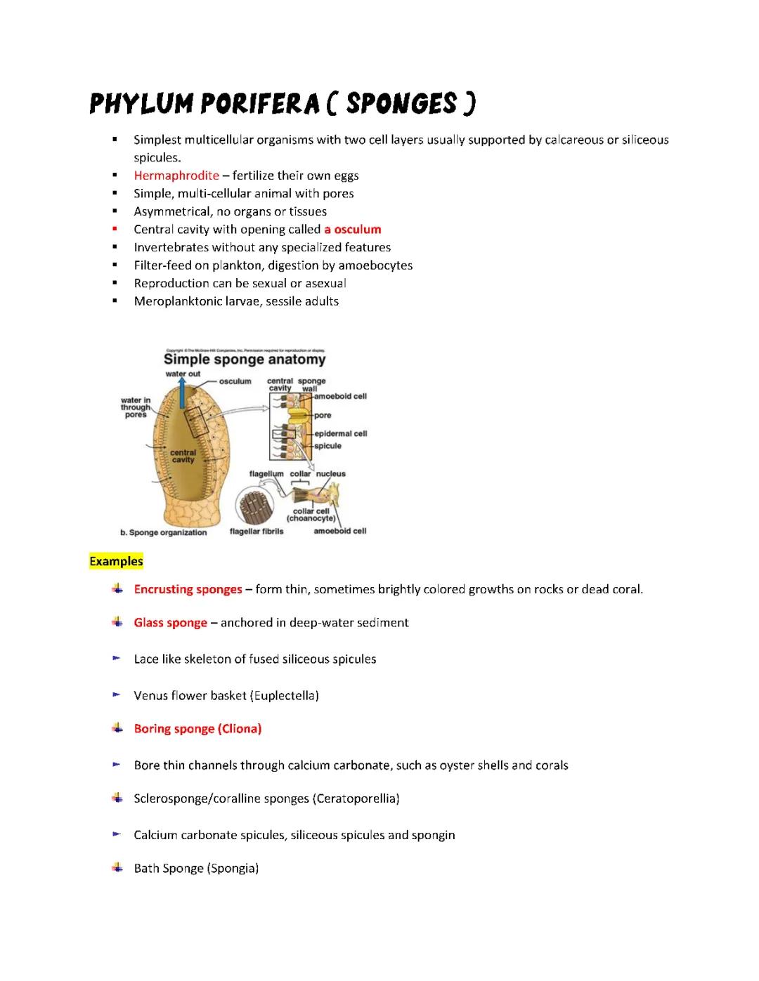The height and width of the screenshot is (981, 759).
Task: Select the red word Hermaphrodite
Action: tap(176, 176)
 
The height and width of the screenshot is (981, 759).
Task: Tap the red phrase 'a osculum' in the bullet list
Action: tap(352, 229)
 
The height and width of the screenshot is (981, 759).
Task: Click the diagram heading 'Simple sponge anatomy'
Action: tap(245, 360)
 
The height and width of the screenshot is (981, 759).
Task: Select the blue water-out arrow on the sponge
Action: tap(181, 393)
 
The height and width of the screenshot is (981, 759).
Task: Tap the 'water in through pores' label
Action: tap(136, 407)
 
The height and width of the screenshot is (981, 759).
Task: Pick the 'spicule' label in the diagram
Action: tap(327, 446)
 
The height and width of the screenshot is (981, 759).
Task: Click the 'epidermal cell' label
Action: tap(340, 433)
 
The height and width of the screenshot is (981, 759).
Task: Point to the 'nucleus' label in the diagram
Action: tap(330, 474)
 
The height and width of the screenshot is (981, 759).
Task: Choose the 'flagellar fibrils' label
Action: tap(257, 532)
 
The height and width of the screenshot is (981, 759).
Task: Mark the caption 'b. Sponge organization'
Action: tap(164, 532)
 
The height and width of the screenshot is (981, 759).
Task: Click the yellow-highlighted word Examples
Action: tap(116, 561)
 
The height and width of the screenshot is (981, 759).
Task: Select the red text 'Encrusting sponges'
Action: tap(188, 589)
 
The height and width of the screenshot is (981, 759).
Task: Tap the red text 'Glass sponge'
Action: tap(170, 623)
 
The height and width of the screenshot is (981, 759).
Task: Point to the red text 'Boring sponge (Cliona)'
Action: tap(197, 729)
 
